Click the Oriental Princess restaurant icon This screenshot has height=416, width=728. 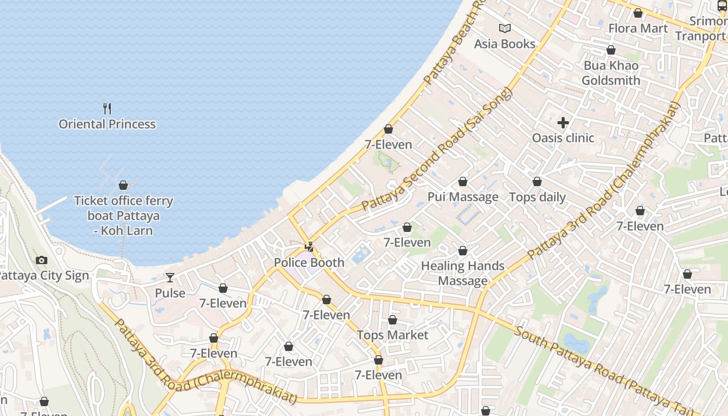point(107,109)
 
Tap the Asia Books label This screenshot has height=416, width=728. point(504,44)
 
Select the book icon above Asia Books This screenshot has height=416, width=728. point(504,28)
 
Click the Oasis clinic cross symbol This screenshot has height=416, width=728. point(563,123)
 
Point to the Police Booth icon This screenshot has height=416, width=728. point(309,247)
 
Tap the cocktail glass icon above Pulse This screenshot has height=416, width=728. point(170,278)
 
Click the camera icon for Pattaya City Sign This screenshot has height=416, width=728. point(42,260)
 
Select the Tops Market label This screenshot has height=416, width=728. point(393,335)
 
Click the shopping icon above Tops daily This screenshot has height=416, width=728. point(537,181)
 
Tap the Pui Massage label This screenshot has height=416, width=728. point(463,197)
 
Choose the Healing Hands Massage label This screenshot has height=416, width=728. point(463,274)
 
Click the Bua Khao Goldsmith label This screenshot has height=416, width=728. point(611,73)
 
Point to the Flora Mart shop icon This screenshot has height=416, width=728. point(638,13)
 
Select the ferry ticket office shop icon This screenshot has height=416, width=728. point(123,185)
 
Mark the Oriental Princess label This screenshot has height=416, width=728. point(107,124)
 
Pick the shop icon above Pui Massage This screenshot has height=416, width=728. point(462,181)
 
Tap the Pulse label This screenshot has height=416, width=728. point(170,293)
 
